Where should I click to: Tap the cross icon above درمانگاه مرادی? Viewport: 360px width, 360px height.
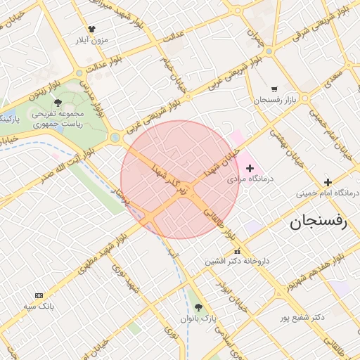[x=250, y=168]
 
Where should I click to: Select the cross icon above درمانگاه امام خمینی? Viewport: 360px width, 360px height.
[x=328, y=182]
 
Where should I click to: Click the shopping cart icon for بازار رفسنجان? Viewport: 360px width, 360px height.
[x=274, y=89]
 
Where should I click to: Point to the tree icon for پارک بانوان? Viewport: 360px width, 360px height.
[x=198, y=307]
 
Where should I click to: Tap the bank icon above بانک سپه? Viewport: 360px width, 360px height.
[x=39, y=295]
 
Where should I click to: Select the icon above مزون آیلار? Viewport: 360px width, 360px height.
[x=91, y=29]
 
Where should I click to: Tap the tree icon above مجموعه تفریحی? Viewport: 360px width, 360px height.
[x=58, y=103]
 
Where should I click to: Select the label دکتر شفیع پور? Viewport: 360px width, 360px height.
[x=300, y=317]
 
